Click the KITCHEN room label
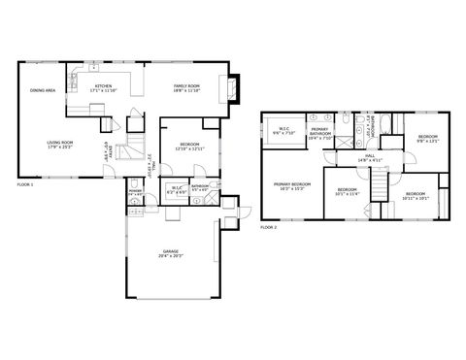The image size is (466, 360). tap(103, 86)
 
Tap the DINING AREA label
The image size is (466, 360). tap(42, 90)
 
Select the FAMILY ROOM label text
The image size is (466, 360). tap(186, 86)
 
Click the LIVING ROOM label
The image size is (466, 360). tap(60, 145)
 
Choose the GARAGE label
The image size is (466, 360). tap(171, 254)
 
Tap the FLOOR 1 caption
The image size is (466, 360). tap(25, 183)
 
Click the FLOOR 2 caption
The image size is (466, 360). tap(269, 227)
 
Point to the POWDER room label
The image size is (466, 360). tap(135, 192)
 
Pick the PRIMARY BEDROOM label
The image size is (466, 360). tap(291, 185)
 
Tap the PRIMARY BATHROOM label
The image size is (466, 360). tap(320, 132)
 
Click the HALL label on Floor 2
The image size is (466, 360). tap(370, 157)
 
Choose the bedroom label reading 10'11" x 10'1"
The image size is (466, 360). tap(415, 195)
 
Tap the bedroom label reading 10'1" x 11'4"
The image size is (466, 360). tap(347, 190)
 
